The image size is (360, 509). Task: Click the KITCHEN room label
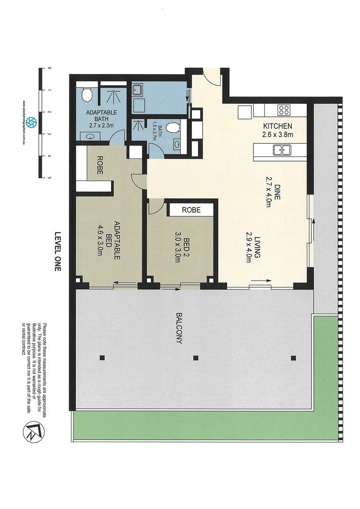tap(278, 126)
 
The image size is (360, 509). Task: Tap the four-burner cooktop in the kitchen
tap(284, 110)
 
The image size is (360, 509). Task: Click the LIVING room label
tap(258, 248)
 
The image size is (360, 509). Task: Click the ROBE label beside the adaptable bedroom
tap(100, 165)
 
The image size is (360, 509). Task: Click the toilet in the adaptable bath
tap(86, 96)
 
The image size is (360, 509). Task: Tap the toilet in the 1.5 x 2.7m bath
tap(172, 127)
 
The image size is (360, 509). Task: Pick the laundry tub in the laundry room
tap(138, 90)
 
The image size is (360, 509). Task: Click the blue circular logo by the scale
tap(31, 123)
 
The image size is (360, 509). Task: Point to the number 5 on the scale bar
tap(49, 178)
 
